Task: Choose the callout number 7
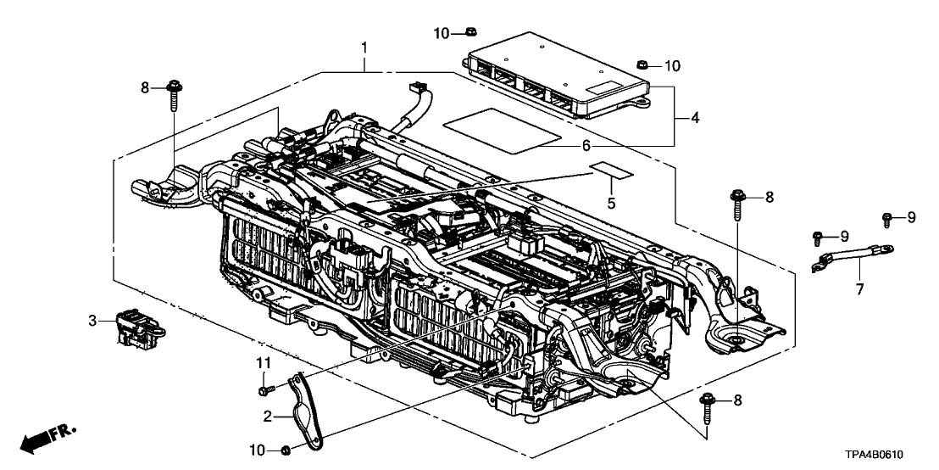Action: tap(858, 289)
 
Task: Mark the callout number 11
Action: tap(264, 363)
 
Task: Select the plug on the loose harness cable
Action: tap(415, 87)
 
